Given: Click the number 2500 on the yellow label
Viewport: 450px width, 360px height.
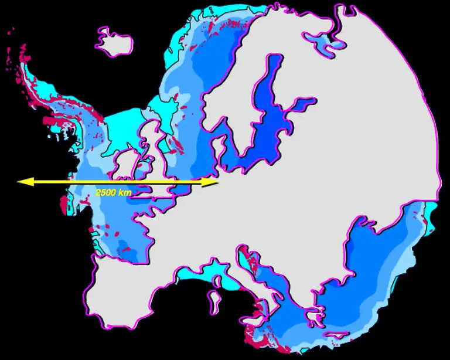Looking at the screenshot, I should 105,192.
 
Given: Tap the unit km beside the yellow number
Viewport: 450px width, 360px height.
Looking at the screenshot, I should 124,192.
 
